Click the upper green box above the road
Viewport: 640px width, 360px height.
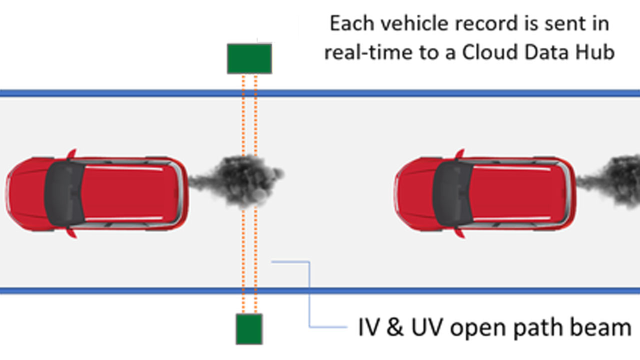click(249, 58)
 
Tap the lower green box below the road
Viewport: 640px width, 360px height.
click(249, 328)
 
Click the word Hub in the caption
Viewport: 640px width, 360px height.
click(597, 52)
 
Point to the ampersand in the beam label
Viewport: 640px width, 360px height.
click(395, 327)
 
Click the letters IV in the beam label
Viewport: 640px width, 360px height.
click(370, 327)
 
